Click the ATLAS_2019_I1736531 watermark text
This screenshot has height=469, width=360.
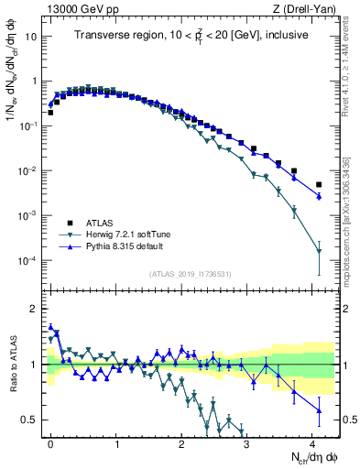point(191,275)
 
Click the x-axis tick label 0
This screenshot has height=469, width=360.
point(50,442)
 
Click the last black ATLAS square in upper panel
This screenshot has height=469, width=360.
point(319,184)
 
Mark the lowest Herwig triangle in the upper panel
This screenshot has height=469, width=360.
point(319,251)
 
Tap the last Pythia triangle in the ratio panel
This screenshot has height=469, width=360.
point(319,409)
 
